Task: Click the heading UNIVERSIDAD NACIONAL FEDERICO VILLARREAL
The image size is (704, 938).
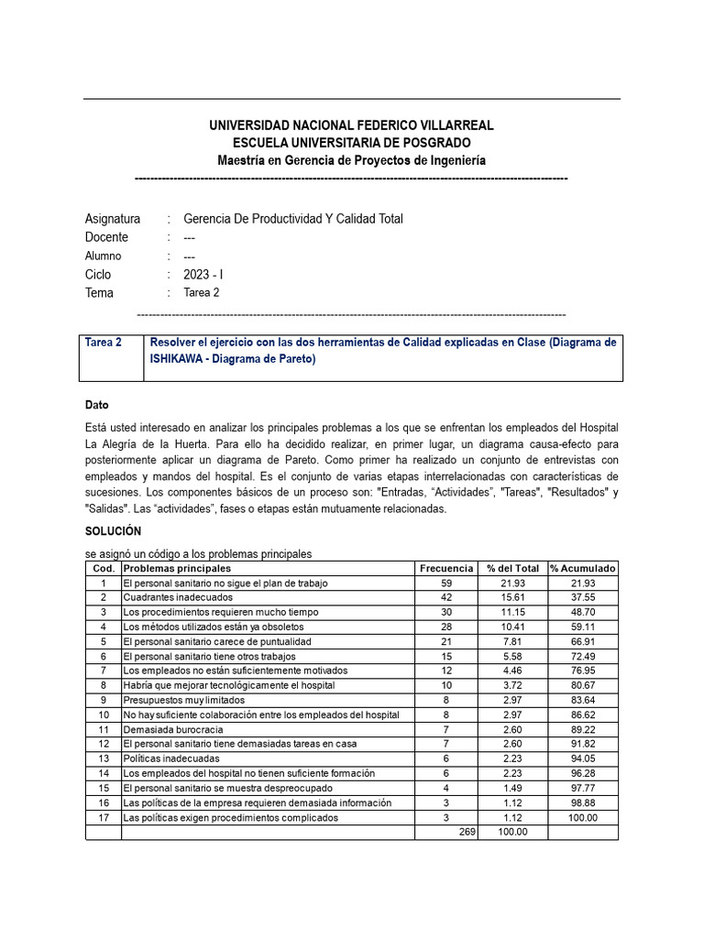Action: click(351, 125)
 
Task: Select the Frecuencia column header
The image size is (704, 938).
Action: click(445, 569)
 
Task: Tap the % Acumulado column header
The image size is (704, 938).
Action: click(583, 569)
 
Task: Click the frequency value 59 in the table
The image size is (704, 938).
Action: click(446, 584)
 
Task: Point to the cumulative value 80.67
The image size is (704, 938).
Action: click(583, 685)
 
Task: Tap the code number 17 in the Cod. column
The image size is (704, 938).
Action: click(104, 817)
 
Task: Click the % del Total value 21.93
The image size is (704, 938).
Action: click(512, 584)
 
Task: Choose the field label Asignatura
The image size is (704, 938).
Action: click(113, 219)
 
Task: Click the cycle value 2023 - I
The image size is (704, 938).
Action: click(203, 275)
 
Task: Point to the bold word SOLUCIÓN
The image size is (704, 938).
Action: click(114, 531)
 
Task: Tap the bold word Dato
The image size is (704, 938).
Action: click(97, 405)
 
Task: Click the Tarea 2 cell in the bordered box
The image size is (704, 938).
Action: click(104, 343)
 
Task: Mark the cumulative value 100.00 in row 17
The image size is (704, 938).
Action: click(583, 817)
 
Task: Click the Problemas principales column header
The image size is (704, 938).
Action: click(177, 569)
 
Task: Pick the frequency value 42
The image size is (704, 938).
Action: click(446, 598)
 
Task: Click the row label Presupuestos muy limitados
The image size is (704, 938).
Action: click(184, 700)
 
